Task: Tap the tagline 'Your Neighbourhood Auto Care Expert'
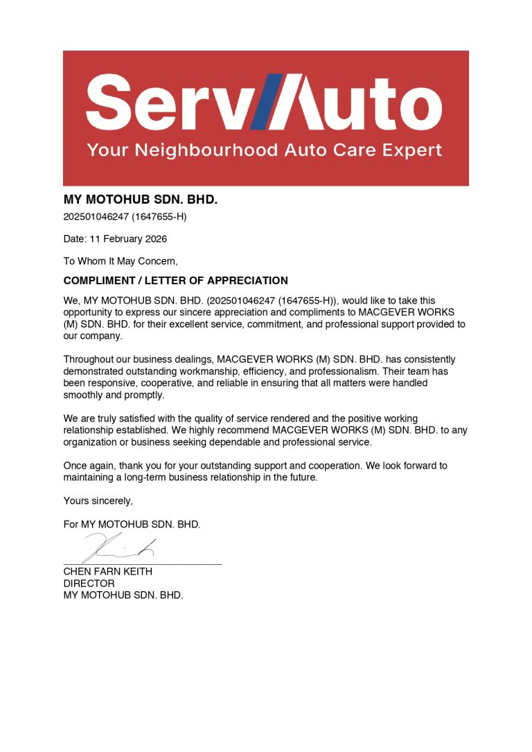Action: [x=265, y=150]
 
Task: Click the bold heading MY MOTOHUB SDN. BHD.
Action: [x=141, y=200]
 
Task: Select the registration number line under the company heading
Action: [x=125, y=216]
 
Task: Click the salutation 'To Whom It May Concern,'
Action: [x=121, y=261]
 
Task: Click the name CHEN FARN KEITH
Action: [x=107, y=572]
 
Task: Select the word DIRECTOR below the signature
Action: [x=89, y=584]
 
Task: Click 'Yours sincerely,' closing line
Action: [x=98, y=501]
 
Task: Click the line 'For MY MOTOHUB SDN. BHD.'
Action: [x=132, y=525]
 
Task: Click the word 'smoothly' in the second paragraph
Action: [x=84, y=395]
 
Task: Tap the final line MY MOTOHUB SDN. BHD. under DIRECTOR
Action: [x=123, y=595]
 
